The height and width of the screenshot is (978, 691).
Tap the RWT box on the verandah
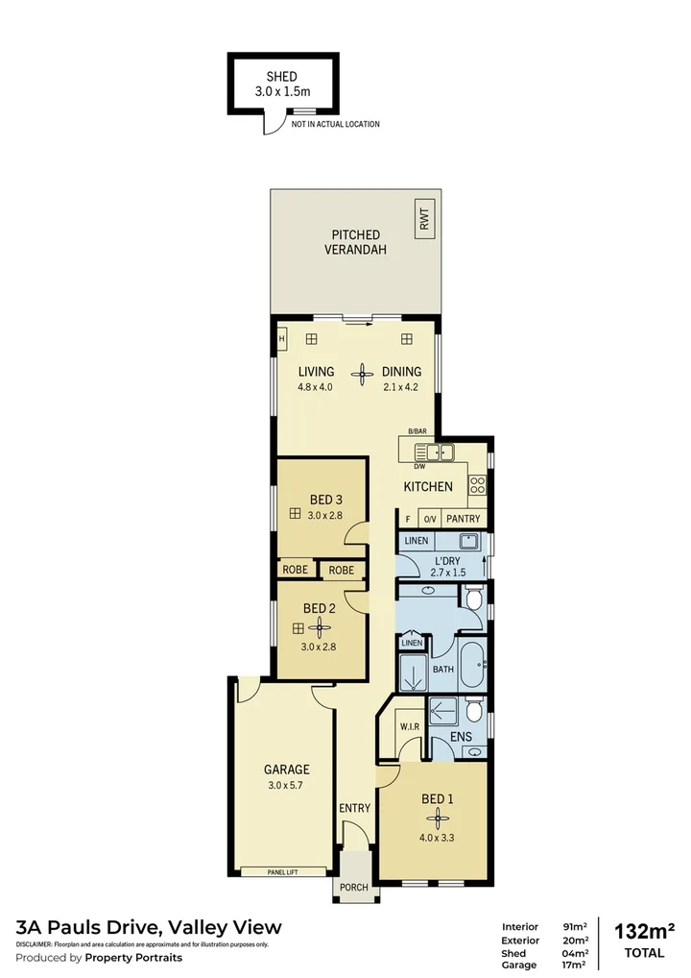(x=424, y=218)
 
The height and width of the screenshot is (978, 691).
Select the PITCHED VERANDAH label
(x=356, y=241)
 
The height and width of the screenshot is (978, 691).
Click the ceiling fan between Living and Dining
(x=362, y=374)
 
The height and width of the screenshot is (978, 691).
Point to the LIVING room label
(x=316, y=372)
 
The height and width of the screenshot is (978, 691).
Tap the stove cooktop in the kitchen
(x=477, y=485)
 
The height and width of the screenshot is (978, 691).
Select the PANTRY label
(x=463, y=519)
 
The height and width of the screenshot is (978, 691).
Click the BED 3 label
(x=326, y=500)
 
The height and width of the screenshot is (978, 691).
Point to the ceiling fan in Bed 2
(x=319, y=628)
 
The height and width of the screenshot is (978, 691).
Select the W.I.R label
(x=410, y=725)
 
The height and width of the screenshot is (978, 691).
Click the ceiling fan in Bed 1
(x=438, y=818)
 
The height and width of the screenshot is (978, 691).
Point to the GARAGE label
(x=287, y=769)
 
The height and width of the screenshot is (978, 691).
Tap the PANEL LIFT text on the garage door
(x=279, y=871)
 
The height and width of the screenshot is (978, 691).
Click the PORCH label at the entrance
(x=354, y=887)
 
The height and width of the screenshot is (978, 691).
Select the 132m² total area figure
(x=644, y=931)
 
